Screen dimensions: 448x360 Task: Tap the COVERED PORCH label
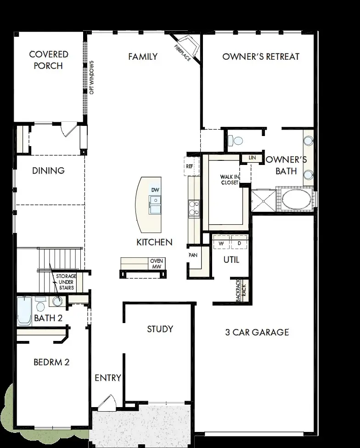[x=49, y=60]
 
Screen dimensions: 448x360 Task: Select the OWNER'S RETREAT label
[x=260, y=57]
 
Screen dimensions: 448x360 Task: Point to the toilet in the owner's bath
[x=236, y=140]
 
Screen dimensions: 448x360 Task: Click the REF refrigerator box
[x=189, y=166]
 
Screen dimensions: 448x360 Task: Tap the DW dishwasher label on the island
[x=155, y=190]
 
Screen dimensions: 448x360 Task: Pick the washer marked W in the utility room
[x=221, y=243]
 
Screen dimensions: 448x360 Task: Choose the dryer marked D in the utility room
[x=239, y=243]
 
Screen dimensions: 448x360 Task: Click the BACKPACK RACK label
[x=242, y=290]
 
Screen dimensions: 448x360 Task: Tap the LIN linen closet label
[x=252, y=158]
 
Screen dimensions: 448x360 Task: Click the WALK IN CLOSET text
[x=229, y=180]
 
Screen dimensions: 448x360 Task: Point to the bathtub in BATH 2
[x=24, y=312]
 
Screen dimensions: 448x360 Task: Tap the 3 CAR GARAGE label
[x=257, y=332]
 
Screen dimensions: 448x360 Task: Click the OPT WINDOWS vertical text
[x=92, y=77]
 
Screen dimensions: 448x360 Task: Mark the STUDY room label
[x=160, y=329]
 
